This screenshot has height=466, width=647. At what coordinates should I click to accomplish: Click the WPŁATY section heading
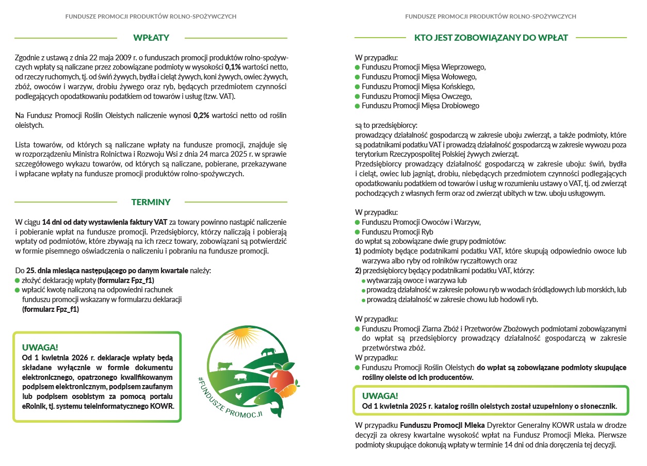[x=151, y=38]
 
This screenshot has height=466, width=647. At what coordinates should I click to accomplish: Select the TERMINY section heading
[x=151, y=202]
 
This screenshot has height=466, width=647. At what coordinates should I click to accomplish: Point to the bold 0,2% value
[x=201, y=115]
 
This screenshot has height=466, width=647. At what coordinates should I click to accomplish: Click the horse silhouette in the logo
[x=268, y=352]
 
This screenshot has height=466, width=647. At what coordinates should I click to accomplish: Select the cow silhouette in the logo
[x=224, y=366]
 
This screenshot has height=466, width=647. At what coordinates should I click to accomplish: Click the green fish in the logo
[x=268, y=399]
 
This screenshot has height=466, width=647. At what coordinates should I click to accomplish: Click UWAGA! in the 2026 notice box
[x=40, y=347]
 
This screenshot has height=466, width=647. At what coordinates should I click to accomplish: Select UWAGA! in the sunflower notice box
[x=380, y=396]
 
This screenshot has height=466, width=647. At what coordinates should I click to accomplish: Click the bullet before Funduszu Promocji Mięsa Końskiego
[x=357, y=87]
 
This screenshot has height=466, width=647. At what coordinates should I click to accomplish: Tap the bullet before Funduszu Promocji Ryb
[x=357, y=232]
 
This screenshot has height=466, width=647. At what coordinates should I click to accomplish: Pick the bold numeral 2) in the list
[x=358, y=271]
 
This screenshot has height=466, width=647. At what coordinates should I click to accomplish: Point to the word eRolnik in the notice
[x=34, y=406]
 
